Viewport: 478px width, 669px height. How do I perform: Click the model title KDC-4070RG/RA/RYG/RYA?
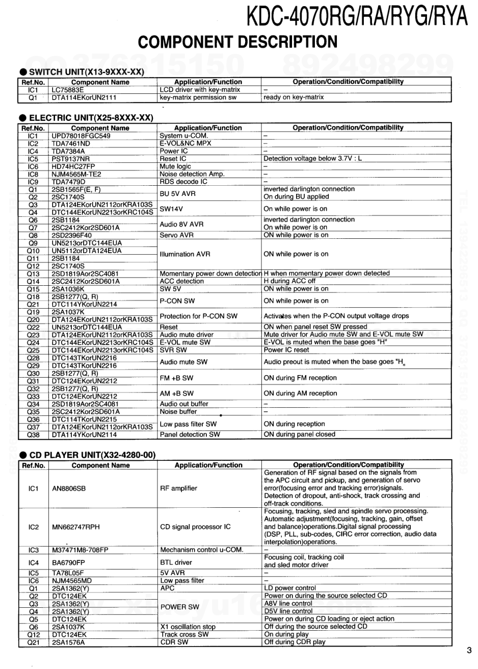coord(356,17)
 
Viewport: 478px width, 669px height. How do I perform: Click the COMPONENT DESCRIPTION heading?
coord(238,41)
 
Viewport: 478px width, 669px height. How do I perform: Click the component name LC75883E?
coord(68,90)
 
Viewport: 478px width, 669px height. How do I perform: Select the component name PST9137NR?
coord(70,159)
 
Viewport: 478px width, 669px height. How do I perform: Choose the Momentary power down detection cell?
coord(210,274)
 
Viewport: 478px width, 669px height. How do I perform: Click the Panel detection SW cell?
coord(190,435)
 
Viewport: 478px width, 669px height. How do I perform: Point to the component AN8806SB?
coord(69,488)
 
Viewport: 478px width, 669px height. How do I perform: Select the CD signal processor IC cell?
coord(195,527)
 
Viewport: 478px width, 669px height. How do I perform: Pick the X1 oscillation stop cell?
coord(188,627)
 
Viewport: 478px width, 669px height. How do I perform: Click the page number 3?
coord(469,650)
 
